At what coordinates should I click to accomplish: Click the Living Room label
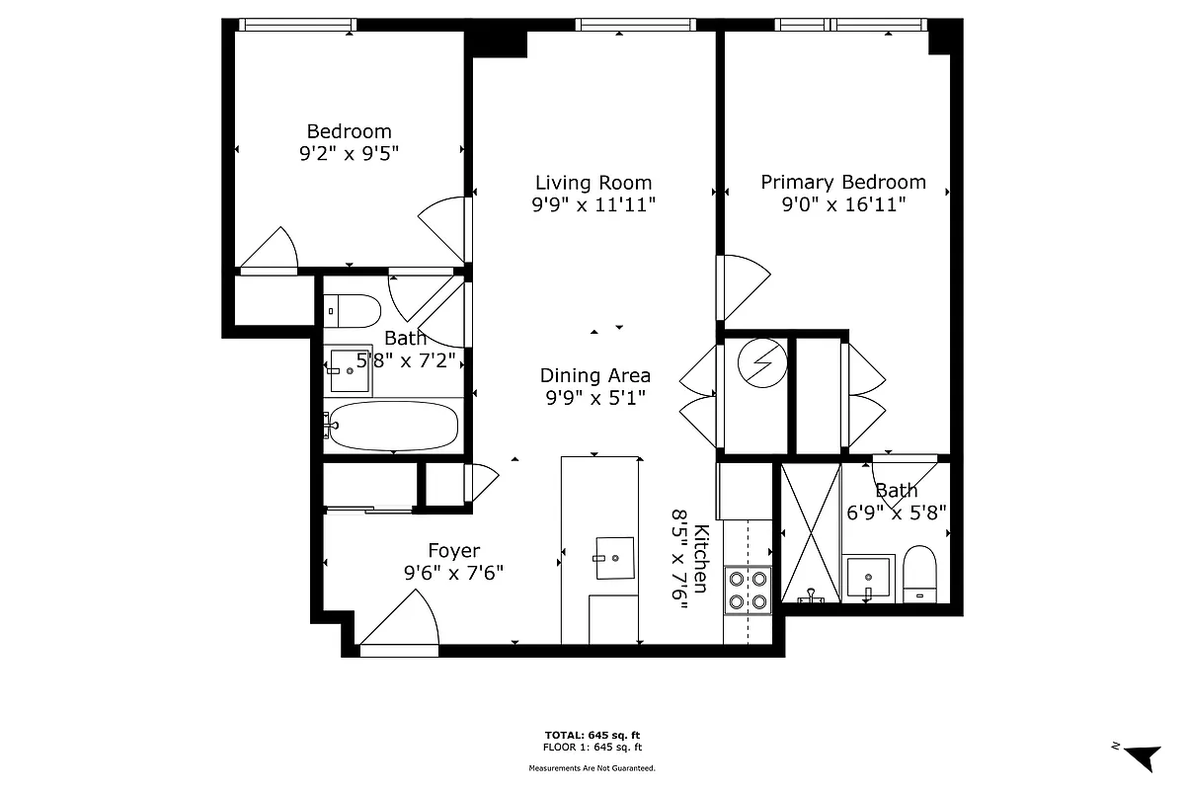(593, 183)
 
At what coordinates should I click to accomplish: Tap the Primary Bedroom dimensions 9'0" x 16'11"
(843, 204)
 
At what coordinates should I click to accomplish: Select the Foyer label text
(453, 551)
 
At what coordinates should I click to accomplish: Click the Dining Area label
(594, 375)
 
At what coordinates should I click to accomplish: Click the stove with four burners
(748, 590)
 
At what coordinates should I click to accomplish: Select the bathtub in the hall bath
(393, 427)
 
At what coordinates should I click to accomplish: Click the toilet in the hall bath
(353, 311)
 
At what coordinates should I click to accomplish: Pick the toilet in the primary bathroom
(919, 574)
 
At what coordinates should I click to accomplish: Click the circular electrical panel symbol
(762, 365)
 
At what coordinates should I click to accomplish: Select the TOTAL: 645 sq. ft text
(592, 736)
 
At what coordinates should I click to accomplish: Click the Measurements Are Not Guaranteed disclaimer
(592, 767)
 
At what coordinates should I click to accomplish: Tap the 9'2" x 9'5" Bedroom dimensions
(349, 153)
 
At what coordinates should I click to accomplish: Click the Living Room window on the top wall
(619, 25)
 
